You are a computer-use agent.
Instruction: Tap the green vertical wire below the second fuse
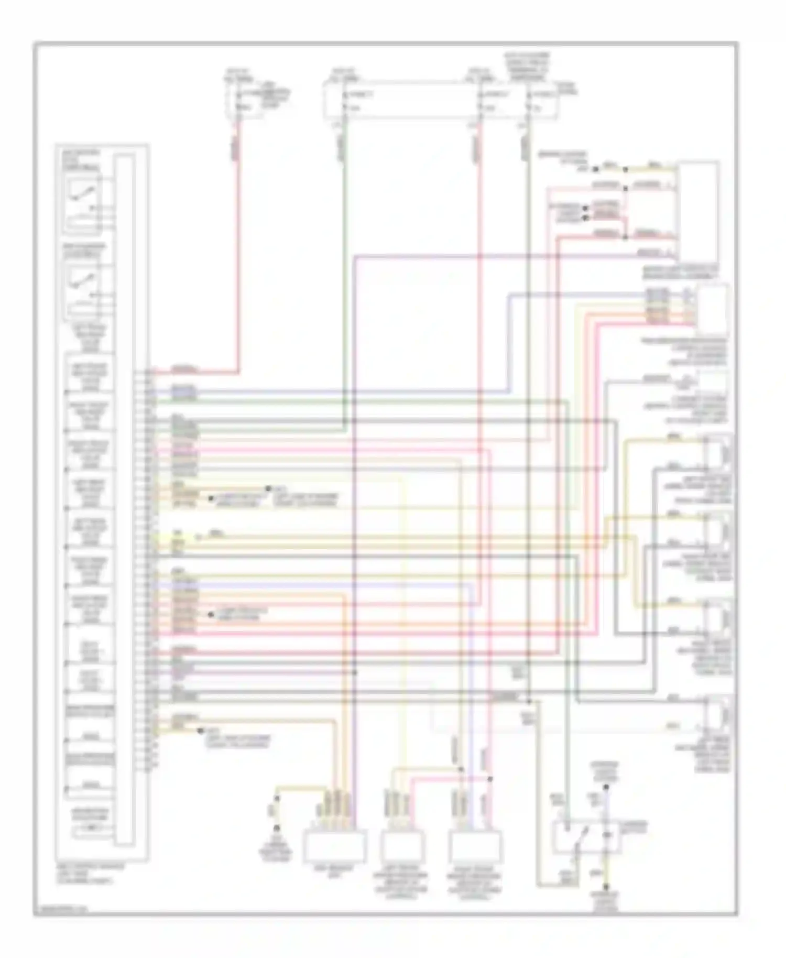pos(344,262)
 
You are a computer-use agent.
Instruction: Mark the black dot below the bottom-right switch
pos(606,888)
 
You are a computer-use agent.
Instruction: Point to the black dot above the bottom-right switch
pos(606,787)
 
